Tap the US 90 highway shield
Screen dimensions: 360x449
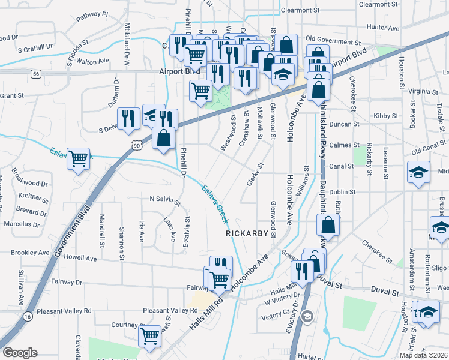click(137, 145)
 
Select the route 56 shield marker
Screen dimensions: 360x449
click(37, 73)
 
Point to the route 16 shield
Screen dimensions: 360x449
click(28, 316)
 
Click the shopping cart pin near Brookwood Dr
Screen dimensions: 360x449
click(79, 158)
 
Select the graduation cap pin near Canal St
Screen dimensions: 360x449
click(418, 173)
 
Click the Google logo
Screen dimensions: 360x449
click(20, 353)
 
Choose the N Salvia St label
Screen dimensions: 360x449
click(164, 200)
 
